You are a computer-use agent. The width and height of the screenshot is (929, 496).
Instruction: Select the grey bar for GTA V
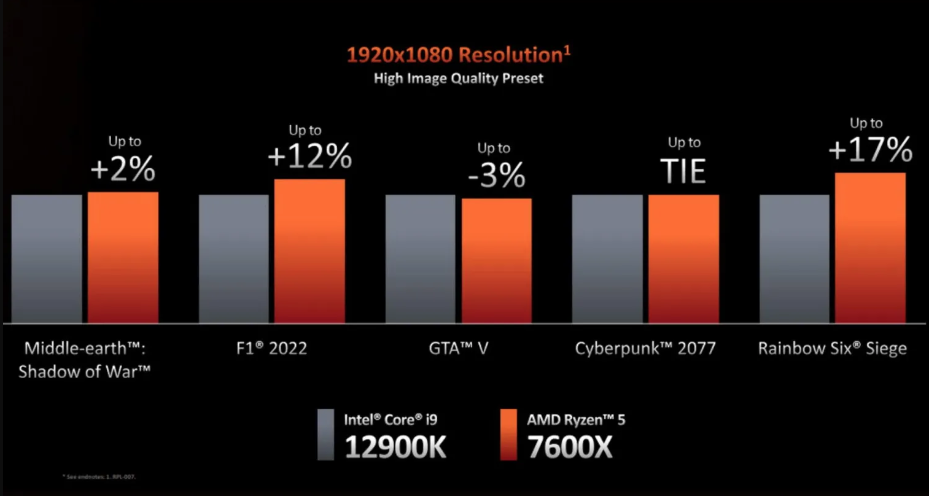click(420, 258)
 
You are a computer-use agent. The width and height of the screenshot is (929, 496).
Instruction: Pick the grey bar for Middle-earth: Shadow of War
click(47, 258)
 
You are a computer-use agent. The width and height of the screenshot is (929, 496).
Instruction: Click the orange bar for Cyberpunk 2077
click(683, 258)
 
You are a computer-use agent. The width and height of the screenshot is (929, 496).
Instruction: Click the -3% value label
click(496, 176)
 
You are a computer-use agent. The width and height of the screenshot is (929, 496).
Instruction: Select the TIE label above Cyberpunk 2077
click(683, 171)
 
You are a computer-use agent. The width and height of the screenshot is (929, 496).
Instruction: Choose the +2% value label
click(123, 169)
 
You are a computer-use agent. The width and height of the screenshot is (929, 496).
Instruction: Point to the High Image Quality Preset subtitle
click(458, 78)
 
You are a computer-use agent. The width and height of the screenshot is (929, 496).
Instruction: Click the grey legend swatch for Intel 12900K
click(326, 435)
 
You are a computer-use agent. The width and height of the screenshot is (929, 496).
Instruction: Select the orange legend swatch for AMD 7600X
click(509, 435)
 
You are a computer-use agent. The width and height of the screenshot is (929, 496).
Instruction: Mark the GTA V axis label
click(458, 349)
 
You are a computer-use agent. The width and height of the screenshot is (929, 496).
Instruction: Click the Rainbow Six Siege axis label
click(832, 349)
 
